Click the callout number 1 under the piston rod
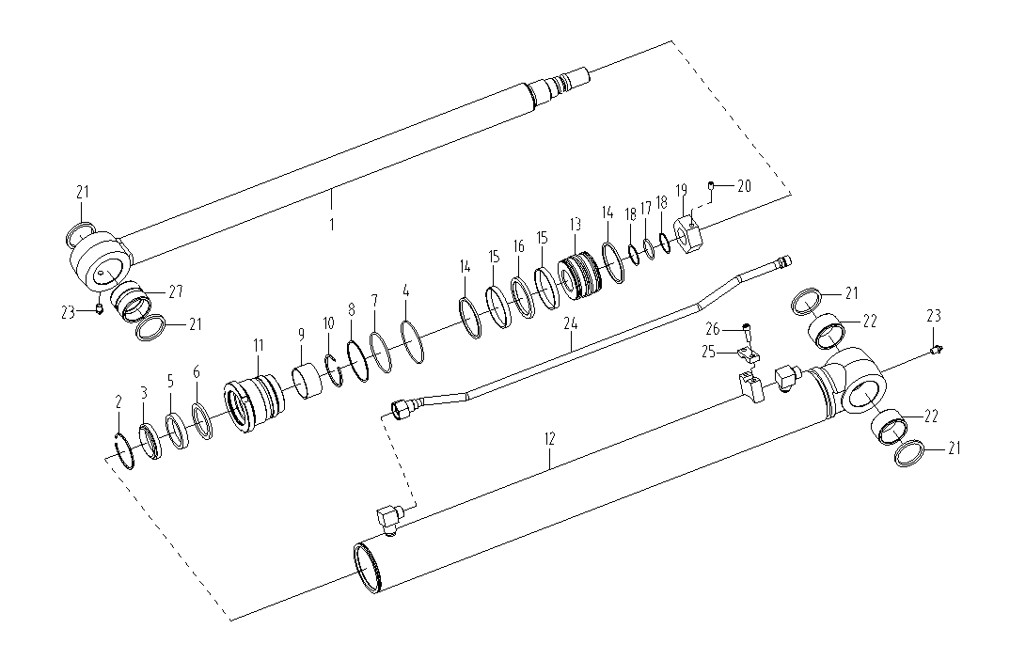(x=332, y=225)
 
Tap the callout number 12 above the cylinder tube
(x=549, y=439)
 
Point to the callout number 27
(x=175, y=291)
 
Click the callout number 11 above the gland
(x=259, y=345)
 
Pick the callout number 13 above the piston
(x=576, y=224)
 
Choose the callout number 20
(x=744, y=186)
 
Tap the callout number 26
(x=713, y=329)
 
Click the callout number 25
(x=708, y=353)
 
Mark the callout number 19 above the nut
(x=682, y=190)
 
